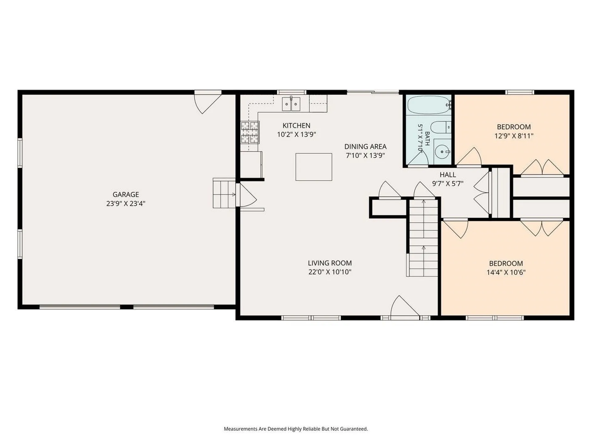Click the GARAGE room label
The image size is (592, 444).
126,195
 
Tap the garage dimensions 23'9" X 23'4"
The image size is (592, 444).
126,203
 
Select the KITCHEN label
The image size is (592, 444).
296,125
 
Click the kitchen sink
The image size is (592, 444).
291,104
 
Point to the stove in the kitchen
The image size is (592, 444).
250,133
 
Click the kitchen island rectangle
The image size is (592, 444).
314,167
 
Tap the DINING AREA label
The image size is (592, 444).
365,146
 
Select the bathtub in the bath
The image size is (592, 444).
429,105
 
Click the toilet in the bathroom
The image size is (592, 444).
440,127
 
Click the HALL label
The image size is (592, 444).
448,175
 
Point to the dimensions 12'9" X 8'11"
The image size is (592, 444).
514,136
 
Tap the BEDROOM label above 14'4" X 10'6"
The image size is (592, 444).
506,264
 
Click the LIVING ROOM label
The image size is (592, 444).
330,263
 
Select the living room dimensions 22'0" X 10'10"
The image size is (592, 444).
330,272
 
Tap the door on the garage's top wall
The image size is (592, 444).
207,102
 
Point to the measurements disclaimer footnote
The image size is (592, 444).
296,429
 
